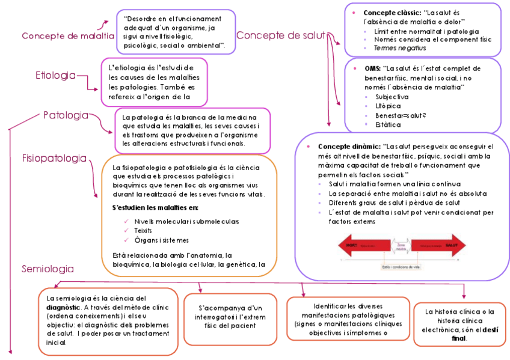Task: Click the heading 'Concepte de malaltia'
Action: coord(67,36)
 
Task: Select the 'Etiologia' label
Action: coord(55,75)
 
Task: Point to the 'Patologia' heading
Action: coord(66,115)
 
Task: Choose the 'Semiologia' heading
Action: coord(48,269)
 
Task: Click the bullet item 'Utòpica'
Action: coord(388,105)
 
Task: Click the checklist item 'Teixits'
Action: coord(143,231)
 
